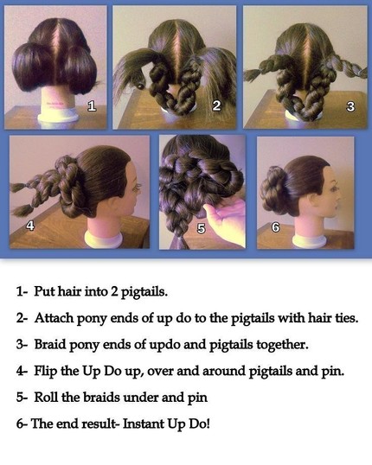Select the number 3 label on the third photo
coord(350,106)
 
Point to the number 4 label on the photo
coord(29,226)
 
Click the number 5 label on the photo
coord(202,228)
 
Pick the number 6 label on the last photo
coord(276,228)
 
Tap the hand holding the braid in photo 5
coord(227,216)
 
